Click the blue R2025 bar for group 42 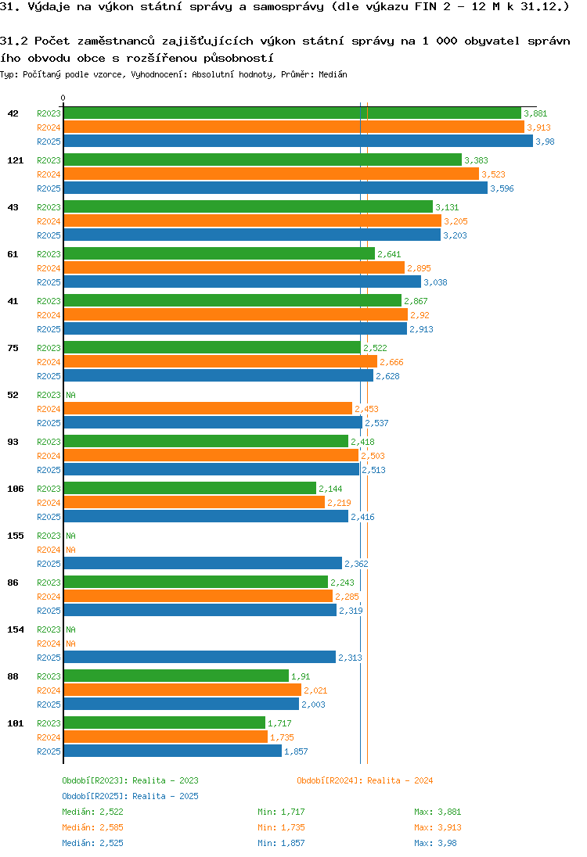(297, 142)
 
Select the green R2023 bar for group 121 (262, 160)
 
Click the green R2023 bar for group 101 (164, 723)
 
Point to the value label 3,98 (545, 142)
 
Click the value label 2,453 (366, 409)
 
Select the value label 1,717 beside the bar (279, 723)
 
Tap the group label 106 (15, 489)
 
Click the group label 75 (13, 348)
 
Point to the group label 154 (15, 629)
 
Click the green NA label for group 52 (70, 395)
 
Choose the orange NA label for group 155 (70, 550)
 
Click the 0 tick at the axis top (63, 99)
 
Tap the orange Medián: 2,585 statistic (92, 827)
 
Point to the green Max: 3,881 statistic (438, 812)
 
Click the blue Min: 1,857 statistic (281, 843)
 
